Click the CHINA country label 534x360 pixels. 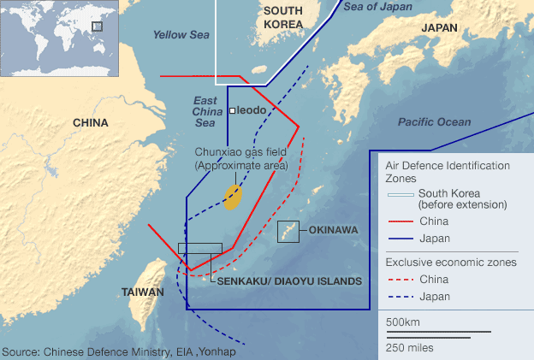[90, 123]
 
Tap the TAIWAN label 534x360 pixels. [142, 292]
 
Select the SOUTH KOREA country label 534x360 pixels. [282, 17]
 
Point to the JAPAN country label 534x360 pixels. [439, 27]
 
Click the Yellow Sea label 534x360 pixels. [181, 35]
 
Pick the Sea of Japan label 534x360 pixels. [377, 6]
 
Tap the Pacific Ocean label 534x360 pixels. [434, 122]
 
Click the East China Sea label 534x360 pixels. [204, 111]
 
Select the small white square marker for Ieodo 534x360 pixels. [232, 111]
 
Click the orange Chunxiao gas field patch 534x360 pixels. [233, 197]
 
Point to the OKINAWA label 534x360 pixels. [332, 230]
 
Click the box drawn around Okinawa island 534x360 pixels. [288, 232]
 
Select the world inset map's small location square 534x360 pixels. [97, 27]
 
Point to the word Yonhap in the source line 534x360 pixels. [219, 351]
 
